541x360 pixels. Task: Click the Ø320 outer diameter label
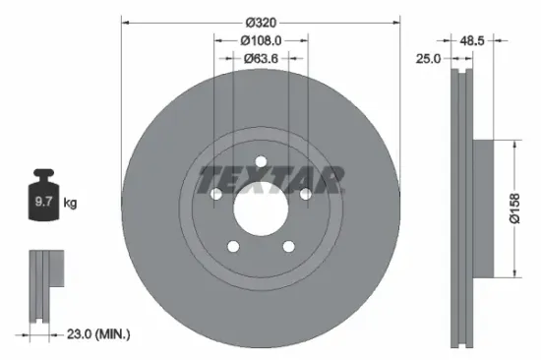click(x=261, y=22)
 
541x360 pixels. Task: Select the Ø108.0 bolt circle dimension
click(x=262, y=40)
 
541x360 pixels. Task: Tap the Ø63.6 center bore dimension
click(x=262, y=58)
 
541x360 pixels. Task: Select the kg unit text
click(x=69, y=203)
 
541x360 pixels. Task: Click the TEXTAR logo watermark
click(x=270, y=180)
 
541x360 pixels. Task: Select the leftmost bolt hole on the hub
click(x=215, y=195)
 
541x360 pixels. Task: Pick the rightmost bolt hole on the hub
click(x=306, y=195)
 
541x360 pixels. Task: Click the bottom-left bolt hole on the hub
click(x=233, y=247)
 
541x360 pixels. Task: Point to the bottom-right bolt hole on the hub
click(x=288, y=247)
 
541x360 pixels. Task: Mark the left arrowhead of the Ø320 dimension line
click(x=125, y=22)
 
